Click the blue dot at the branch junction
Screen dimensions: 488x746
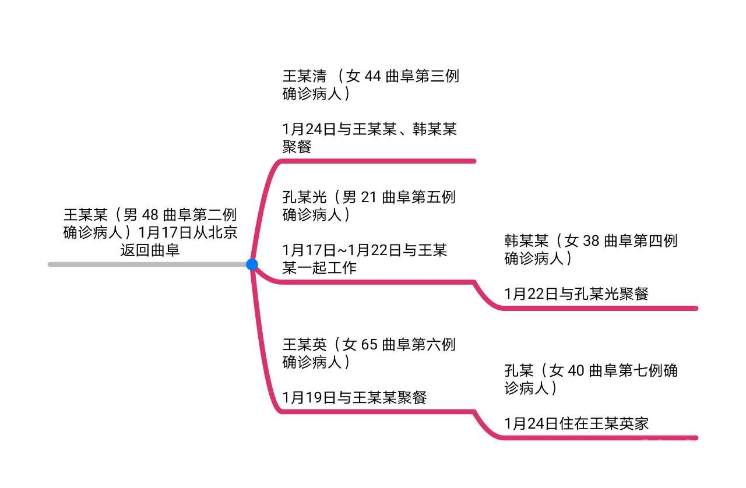point(252,264)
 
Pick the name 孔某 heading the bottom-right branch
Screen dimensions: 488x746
point(519,370)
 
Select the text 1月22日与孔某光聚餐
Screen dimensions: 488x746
point(576,294)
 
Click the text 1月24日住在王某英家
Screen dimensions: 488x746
point(576,423)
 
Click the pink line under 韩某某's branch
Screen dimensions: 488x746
point(600,308)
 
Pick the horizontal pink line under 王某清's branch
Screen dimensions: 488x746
point(379,161)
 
